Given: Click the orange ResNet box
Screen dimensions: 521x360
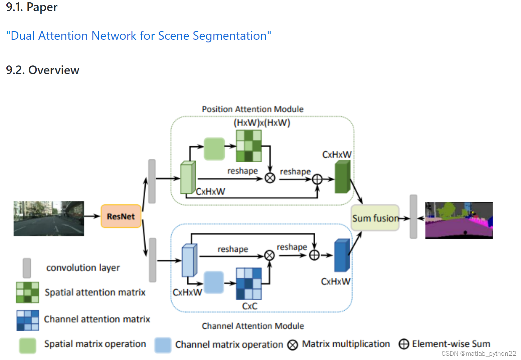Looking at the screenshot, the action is [x=121, y=216].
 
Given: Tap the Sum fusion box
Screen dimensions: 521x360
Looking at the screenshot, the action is [x=375, y=218].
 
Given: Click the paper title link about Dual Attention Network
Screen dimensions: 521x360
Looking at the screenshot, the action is [x=139, y=36].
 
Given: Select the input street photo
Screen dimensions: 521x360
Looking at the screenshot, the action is [x=49, y=219].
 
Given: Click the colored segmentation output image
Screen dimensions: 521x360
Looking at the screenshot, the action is [x=459, y=220].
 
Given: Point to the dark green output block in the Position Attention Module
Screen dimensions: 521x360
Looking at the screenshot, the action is [x=343, y=177].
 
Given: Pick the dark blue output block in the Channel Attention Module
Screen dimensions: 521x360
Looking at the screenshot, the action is [x=342, y=255].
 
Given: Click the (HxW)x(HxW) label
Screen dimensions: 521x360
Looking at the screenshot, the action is [x=262, y=123].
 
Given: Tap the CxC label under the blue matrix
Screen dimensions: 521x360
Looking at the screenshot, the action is [x=249, y=306].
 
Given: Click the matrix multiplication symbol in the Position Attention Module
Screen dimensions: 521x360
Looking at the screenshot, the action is [x=270, y=178].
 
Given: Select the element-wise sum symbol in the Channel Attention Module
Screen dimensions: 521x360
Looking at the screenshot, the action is [x=314, y=255].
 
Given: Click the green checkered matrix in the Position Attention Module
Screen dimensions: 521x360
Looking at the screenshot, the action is [x=248, y=146].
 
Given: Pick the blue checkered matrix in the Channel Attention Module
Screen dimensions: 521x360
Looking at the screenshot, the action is [x=248, y=284].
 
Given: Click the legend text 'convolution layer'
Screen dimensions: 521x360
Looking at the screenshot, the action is [x=83, y=268].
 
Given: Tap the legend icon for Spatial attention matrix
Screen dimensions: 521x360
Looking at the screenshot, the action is [x=27, y=292].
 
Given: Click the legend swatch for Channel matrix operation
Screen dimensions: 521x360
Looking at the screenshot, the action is [x=163, y=345].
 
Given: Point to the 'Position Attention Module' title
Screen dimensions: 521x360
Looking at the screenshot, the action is [x=252, y=109].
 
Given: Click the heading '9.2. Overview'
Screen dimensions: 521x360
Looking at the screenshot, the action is [x=42, y=70].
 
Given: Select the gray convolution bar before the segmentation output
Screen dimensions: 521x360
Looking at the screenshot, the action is [x=413, y=217].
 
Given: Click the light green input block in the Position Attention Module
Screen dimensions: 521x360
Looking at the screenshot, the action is [x=188, y=177].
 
